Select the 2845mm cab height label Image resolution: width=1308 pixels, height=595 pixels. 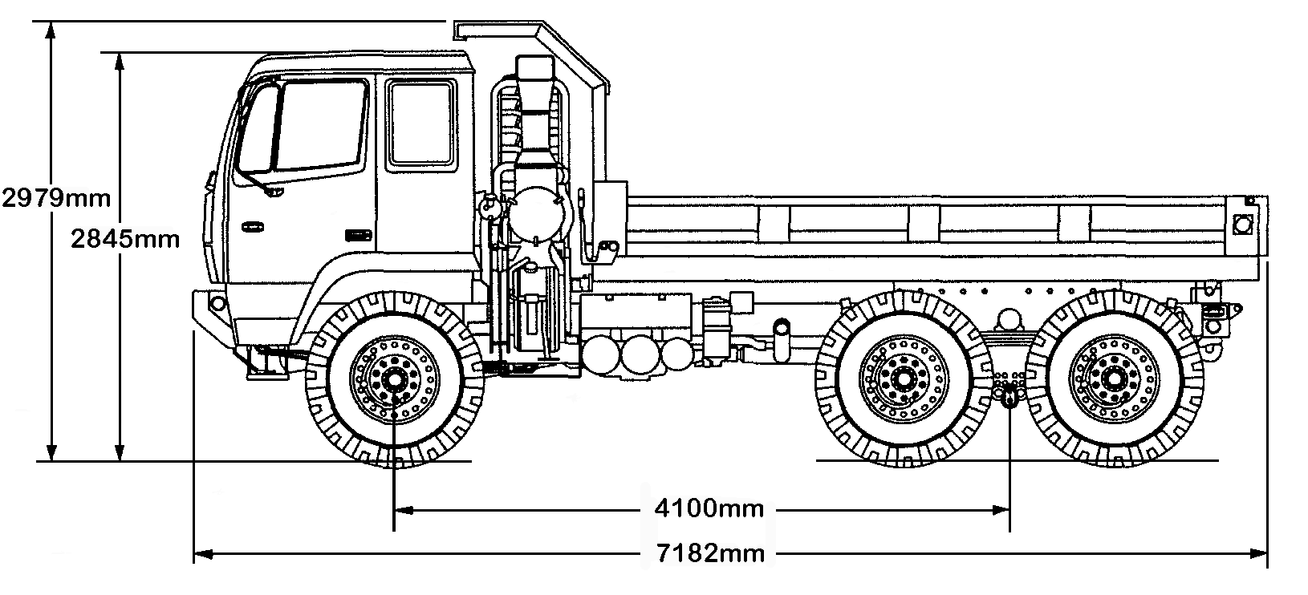tap(124, 237)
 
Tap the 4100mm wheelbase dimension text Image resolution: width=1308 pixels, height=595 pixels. tap(709, 508)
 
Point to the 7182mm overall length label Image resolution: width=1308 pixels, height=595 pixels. tap(709, 552)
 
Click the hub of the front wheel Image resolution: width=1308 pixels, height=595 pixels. tap(394, 379)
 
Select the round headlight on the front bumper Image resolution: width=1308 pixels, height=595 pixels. tap(217, 303)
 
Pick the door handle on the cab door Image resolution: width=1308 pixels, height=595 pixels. tap(253, 227)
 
